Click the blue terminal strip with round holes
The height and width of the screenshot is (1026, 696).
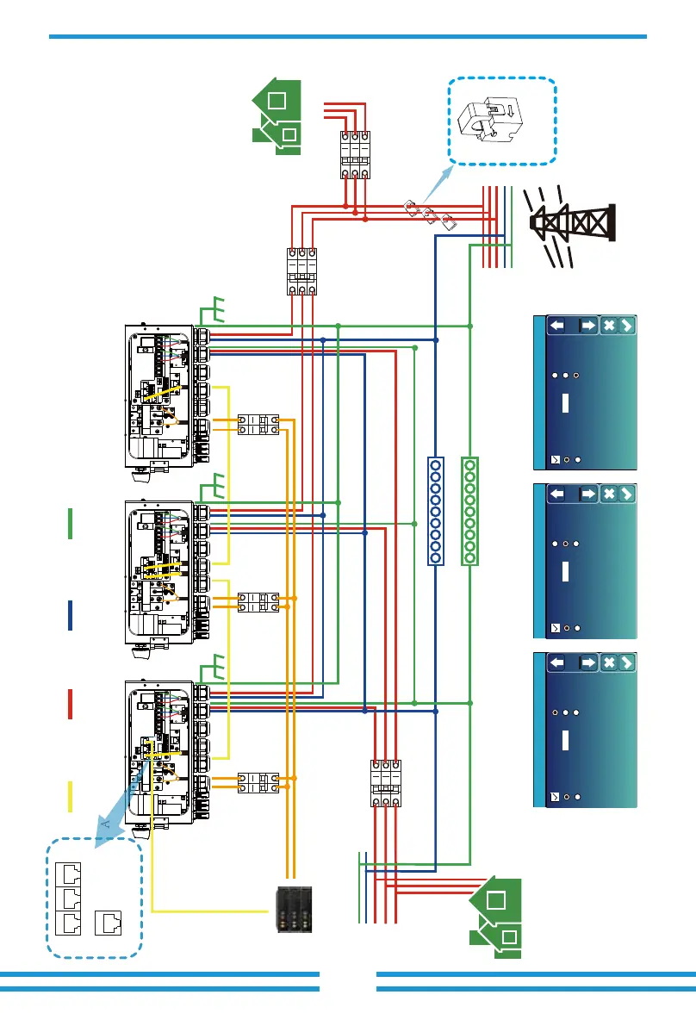pos(436,512)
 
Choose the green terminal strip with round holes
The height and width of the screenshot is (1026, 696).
pos(470,512)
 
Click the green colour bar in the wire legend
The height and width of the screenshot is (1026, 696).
pos(70,525)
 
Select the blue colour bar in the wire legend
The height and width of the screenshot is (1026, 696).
pos(70,615)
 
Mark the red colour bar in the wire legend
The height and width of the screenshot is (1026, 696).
pos(70,704)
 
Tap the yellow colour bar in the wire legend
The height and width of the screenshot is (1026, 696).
pos(70,796)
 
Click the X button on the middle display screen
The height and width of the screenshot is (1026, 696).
pos(609,494)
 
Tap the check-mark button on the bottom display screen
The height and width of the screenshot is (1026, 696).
pos(627,662)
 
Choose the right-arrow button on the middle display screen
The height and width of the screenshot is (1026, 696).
pos(587,494)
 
